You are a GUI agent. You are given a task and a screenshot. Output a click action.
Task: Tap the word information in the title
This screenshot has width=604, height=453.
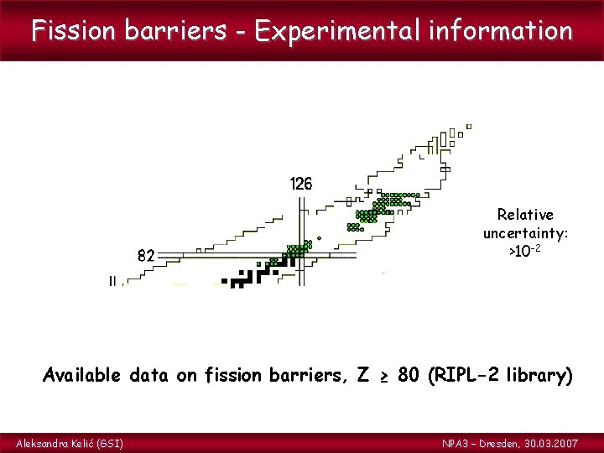click(500, 31)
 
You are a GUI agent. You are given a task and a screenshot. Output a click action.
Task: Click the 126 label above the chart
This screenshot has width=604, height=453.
click(300, 184)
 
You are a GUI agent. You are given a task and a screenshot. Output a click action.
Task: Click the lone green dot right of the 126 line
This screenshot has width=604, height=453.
click(319, 237)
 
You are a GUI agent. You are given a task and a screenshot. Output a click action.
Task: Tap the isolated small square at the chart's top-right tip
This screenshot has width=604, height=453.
click(469, 127)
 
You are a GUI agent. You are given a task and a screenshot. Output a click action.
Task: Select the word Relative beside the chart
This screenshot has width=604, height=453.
click(525, 215)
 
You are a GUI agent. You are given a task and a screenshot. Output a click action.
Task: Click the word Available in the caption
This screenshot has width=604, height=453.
click(82, 374)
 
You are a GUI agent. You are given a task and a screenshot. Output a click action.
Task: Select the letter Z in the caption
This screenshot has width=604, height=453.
click(362, 374)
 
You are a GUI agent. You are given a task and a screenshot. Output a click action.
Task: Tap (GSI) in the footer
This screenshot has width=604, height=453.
click(109, 442)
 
